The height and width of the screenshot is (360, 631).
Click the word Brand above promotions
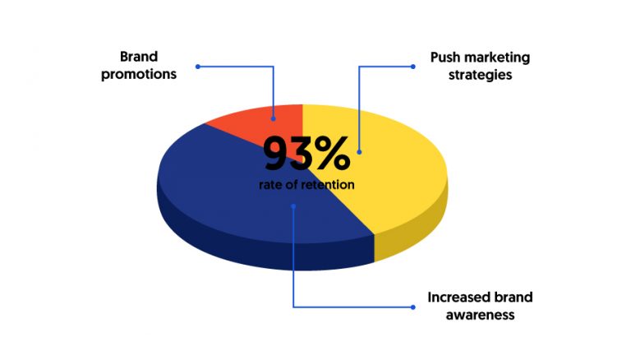[x=138, y=57]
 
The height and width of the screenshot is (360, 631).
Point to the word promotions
[x=139, y=75]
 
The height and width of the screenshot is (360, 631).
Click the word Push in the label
[x=446, y=58]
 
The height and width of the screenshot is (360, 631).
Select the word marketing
[x=498, y=58]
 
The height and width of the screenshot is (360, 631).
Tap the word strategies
[x=480, y=75]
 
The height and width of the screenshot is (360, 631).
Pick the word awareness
[x=480, y=315]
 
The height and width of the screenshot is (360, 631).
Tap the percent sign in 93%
[x=333, y=154]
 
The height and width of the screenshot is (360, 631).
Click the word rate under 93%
[x=270, y=185]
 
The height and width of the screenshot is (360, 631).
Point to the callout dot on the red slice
[x=274, y=119]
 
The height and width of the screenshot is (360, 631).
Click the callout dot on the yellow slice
[x=359, y=152]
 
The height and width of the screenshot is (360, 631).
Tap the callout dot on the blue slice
[x=293, y=206]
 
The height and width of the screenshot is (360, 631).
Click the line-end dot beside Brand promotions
[x=197, y=67]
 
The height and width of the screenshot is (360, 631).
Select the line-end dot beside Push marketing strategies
[x=413, y=67]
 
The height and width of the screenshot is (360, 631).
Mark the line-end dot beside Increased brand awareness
[x=413, y=307]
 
